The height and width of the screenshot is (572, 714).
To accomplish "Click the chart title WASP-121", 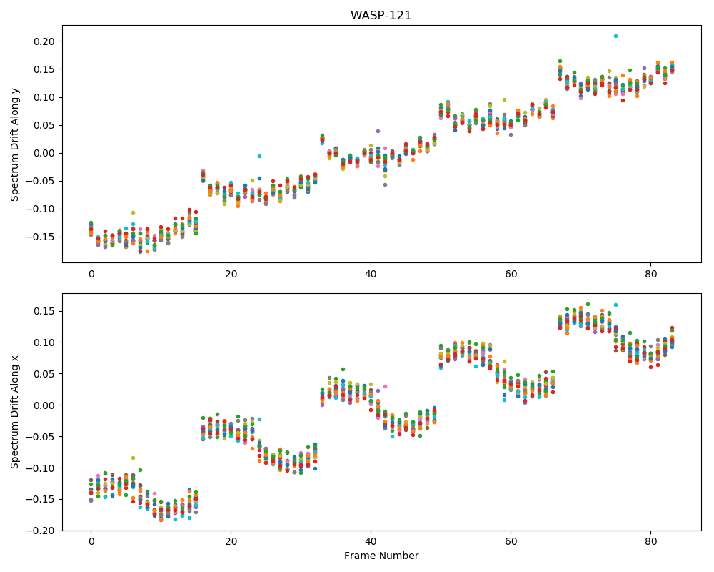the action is pos(381,16).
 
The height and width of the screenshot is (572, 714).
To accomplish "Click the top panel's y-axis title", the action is pos(15,144).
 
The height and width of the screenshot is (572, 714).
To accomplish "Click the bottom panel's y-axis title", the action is pos(15,412).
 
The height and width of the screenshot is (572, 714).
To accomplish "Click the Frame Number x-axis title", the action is pos(381,556).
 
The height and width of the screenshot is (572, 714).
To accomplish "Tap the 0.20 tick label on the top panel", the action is pos(44,41).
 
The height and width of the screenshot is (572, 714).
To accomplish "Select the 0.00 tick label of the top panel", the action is pos(44,153).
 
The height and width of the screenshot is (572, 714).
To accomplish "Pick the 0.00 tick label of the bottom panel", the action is pos(44,405).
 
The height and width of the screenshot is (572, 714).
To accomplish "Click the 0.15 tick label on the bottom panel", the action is pos(44,312).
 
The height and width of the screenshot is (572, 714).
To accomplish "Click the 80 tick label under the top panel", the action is pos(651,274).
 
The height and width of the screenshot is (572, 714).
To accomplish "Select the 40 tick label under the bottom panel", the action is pos(371,541).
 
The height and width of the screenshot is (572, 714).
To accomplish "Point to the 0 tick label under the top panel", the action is pos(91,274).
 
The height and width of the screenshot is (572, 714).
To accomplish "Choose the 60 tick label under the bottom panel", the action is pos(511,541).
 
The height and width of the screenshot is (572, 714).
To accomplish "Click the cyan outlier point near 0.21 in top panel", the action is pos(615,36).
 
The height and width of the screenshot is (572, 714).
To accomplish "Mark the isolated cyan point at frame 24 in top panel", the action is pos(259,156).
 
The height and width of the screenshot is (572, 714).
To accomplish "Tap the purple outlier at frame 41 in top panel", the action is pos(378,131).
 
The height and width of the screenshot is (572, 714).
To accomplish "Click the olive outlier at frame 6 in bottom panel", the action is pos(133,458).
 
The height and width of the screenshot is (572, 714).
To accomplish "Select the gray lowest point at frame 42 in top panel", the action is pos(385,184).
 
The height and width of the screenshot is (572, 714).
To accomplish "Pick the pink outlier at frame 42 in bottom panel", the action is pos(385,386).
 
